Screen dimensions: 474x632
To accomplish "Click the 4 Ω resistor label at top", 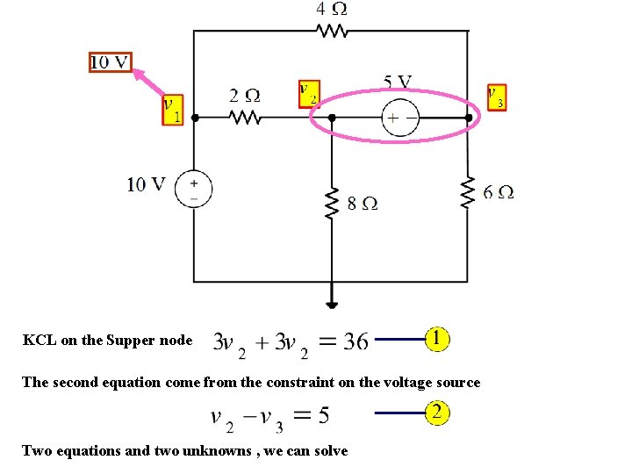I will click(x=331, y=9).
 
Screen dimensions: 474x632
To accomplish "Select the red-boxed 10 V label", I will click(x=111, y=61).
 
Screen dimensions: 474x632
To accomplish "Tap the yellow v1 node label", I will click(x=173, y=111).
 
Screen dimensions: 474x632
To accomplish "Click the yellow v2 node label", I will click(x=308, y=94).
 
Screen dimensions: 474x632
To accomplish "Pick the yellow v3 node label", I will click(x=496, y=96).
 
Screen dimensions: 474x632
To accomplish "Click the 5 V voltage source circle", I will click(x=400, y=118).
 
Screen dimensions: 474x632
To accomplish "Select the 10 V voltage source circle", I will click(x=193, y=190).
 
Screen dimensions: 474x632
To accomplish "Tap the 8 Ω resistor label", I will click(x=363, y=203).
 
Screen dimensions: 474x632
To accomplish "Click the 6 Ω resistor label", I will click(x=499, y=191).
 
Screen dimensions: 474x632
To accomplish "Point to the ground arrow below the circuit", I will click(x=332, y=301).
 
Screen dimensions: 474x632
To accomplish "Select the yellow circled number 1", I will click(x=438, y=338).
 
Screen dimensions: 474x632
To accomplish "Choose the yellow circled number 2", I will click(x=438, y=413).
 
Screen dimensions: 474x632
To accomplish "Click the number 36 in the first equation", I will click(x=355, y=341).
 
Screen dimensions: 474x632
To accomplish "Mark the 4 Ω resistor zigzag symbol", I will click(x=332, y=31).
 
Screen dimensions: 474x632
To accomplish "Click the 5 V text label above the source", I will click(x=397, y=83).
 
